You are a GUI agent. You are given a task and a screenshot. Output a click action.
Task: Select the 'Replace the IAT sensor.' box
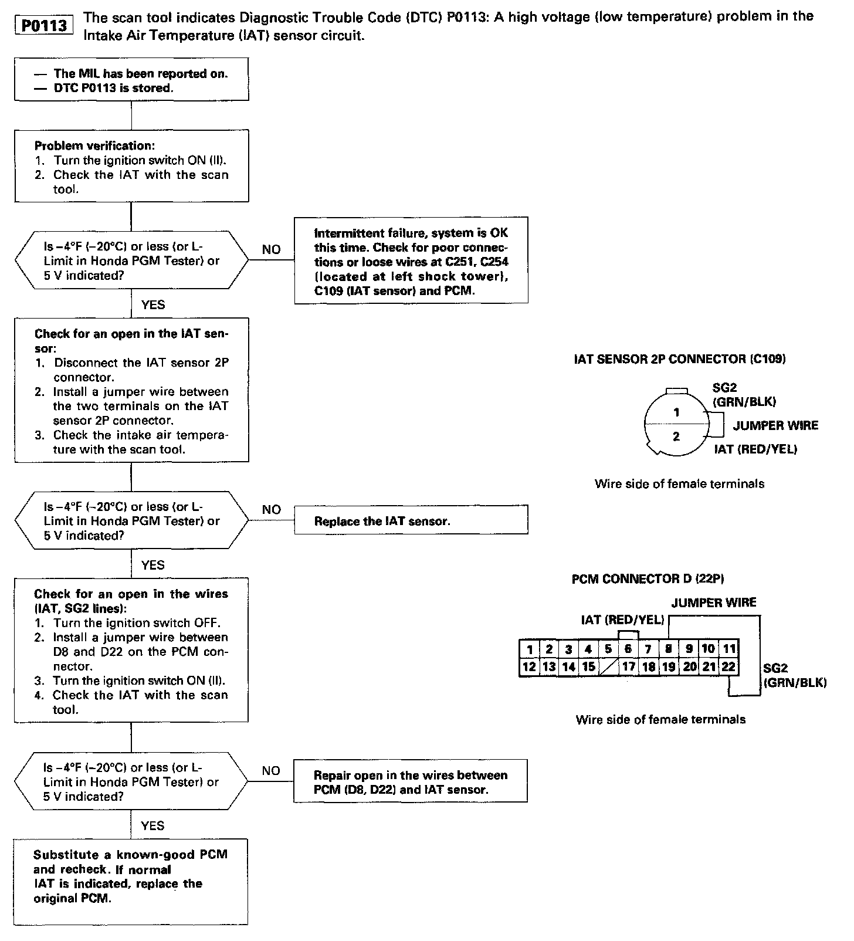(x=411, y=520)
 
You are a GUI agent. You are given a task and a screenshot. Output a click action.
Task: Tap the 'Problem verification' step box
(x=131, y=167)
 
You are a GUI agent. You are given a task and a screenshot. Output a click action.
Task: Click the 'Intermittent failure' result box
(x=411, y=260)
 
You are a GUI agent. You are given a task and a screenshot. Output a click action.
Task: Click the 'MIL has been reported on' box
(x=131, y=80)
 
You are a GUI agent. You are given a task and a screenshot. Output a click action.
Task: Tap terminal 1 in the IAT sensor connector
(x=676, y=412)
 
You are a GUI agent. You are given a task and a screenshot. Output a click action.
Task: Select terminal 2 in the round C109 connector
(x=676, y=436)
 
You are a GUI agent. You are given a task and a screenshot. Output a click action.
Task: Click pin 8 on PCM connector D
(x=668, y=649)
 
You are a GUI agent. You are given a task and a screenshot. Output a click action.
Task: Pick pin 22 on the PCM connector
(x=728, y=666)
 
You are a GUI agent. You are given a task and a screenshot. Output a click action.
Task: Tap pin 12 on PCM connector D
(x=529, y=666)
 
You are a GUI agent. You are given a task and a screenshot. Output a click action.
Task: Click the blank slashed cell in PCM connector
(x=608, y=666)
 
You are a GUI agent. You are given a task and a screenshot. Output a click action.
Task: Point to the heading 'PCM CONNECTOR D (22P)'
(x=648, y=579)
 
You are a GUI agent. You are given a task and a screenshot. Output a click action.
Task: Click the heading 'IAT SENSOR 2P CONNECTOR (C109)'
(x=679, y=359)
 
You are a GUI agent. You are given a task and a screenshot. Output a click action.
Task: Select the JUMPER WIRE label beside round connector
(x=775, y=425)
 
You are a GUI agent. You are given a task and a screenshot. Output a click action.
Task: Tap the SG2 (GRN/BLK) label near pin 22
(x=795, y=675)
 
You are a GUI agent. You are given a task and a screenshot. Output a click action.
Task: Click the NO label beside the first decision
(x=271, y=250)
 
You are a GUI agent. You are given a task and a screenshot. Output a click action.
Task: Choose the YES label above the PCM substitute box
(x=152, y=825)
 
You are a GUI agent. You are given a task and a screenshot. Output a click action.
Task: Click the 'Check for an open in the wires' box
(x=131, y=651)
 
